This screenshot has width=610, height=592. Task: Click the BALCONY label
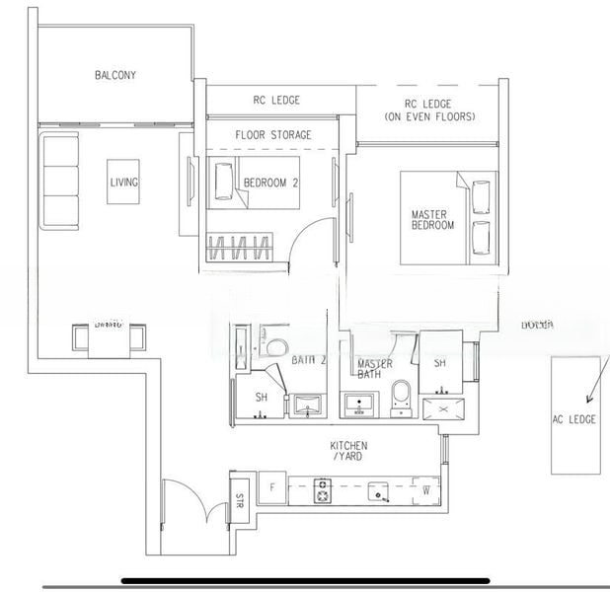tap(114, 75)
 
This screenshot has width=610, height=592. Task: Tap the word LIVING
tap(123, 183)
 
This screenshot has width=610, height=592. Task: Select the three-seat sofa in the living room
tap(60, 181)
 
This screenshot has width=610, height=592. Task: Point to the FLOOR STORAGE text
tap(273, 134)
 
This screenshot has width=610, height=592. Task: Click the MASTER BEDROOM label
tap(432, 219)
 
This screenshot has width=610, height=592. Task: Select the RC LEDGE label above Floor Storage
tap(277, 100)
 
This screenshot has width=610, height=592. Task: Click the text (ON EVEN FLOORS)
tap(428, 116)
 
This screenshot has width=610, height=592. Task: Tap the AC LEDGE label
tap(573, 419)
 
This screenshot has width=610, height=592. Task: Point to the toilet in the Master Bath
tap(401, 395)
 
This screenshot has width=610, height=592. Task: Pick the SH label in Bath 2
tap(262, 397)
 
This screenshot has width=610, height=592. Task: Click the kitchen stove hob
tap(323, 490)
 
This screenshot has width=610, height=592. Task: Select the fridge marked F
tap(271, 488)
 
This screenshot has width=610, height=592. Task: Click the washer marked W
tap(426, 488)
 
